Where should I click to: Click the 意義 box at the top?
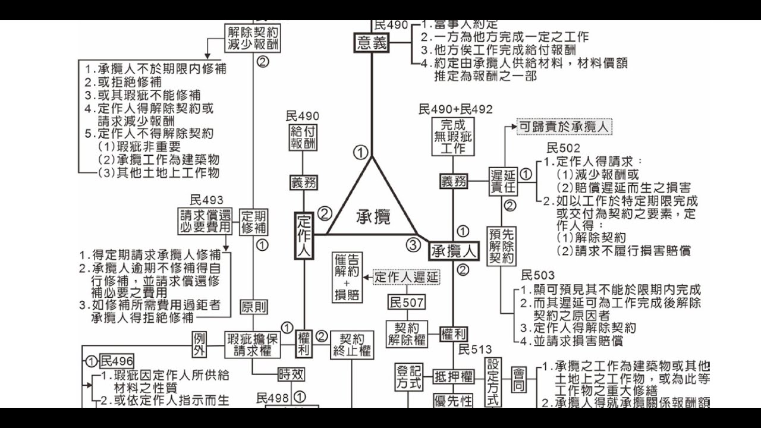pos(372,43)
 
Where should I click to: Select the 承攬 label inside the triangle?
pos(373,217)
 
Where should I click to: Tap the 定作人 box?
pos(304,235)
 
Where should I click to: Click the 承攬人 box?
pos(454,251)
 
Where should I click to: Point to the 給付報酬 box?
pos(303,138)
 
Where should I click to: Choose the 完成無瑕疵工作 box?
pos(454,137)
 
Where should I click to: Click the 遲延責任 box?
pos(503,181)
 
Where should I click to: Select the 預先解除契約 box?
pos(502,246)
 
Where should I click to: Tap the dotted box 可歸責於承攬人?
pos(564,127)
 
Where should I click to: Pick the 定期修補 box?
pos(254,222)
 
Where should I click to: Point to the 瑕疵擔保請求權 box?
pos(253,344)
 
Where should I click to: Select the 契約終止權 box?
pos(352,345)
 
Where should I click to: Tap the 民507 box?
pos(406,303)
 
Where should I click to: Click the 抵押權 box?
pos(454,376)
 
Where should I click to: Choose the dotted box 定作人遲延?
pos(407,277)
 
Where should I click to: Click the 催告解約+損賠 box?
pos(347,277)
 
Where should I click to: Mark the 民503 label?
pos(537,275)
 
